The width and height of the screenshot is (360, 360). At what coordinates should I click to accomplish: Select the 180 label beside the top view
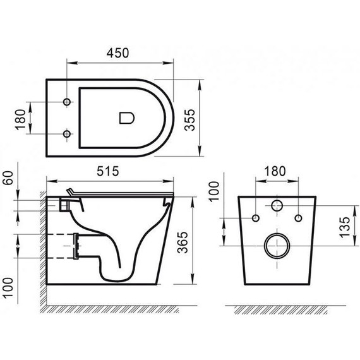[x=20, y=117]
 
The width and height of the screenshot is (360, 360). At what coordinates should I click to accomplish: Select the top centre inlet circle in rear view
[x=276, y=205]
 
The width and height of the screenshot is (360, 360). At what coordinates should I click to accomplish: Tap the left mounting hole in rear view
[x=256, y=219]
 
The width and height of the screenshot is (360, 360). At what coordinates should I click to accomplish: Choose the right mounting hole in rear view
[x=297, y=219]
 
